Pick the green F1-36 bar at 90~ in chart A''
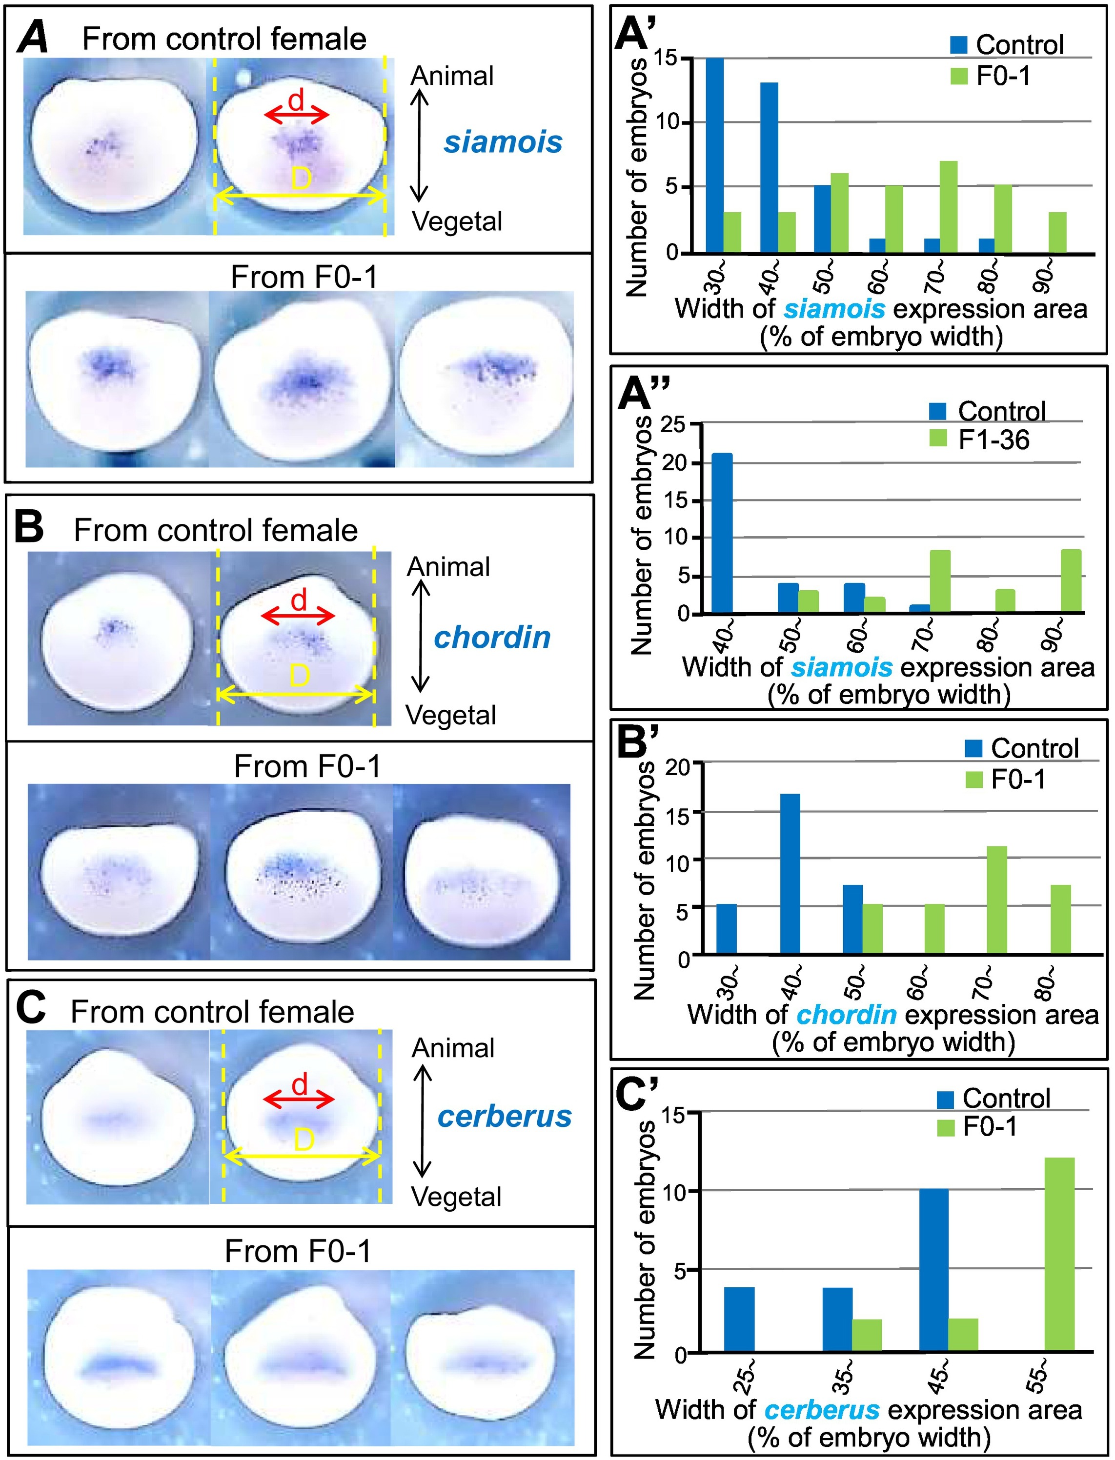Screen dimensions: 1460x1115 [1071, 580]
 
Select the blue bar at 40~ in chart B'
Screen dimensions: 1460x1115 [790, 874]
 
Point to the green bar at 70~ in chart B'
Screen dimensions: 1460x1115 [997, 900]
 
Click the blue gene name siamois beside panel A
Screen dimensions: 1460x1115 [503, 142]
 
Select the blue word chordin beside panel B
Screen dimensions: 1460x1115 [492, 638]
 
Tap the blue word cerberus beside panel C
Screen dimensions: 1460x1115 [505, 1117]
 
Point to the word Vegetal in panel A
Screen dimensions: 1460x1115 [457, 221]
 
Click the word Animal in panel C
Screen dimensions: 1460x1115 [453, 1048]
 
